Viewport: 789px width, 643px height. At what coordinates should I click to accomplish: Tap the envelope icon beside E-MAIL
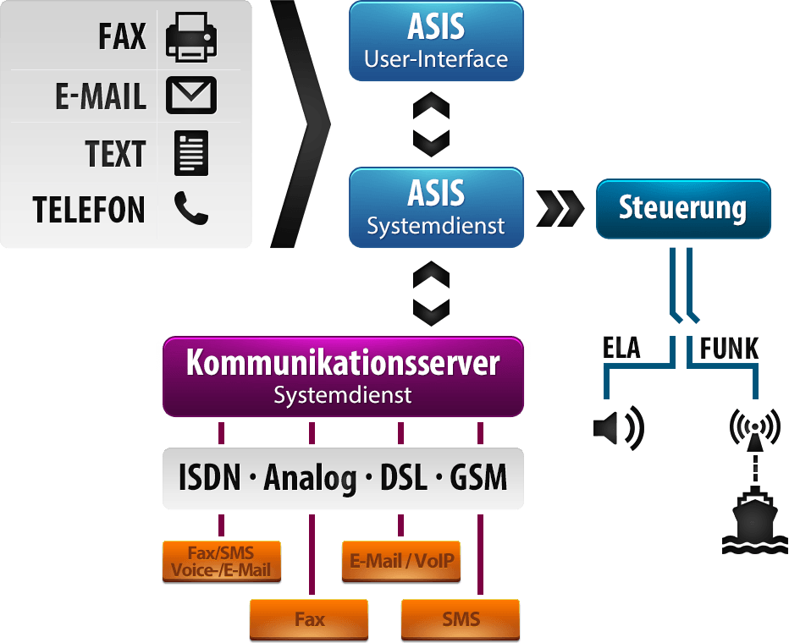191,95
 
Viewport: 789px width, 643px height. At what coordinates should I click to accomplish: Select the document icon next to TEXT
191,153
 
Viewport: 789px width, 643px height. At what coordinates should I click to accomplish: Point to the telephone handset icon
191,208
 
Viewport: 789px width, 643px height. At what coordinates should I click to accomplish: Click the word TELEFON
89,210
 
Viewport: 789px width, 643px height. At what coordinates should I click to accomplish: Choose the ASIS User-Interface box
436,41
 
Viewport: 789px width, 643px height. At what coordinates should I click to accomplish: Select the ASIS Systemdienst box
436,207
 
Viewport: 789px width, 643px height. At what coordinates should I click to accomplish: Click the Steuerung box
683,208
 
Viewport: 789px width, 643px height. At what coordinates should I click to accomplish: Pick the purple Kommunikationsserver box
343,376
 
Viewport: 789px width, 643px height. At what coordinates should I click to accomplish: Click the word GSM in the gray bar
478,478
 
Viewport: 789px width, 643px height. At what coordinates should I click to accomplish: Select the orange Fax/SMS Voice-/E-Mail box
221,562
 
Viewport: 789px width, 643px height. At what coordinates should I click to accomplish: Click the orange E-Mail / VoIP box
401,562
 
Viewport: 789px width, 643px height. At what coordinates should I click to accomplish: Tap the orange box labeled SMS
461,619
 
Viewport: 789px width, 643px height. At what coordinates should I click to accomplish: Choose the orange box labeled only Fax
309,619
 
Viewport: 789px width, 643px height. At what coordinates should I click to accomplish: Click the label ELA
622,349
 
